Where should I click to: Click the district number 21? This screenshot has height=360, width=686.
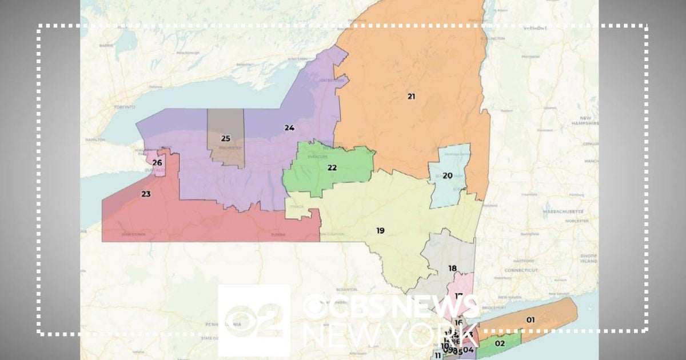411,96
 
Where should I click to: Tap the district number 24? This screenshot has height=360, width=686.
289,127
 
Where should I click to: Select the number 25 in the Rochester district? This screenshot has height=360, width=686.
225,138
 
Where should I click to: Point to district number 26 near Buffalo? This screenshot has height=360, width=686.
157,163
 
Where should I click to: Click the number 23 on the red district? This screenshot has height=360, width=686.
146,194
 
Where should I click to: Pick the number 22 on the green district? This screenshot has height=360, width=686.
332,167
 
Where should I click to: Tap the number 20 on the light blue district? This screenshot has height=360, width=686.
448,175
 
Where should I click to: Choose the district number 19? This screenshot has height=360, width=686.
380,230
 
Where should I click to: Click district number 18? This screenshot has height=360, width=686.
452,268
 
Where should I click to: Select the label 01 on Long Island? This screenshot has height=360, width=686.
530,319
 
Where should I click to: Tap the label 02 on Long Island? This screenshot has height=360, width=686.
500,343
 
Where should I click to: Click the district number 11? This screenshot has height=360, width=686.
438,355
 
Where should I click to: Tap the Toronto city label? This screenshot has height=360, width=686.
124,107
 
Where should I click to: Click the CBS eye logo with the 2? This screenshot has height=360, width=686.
253,320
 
